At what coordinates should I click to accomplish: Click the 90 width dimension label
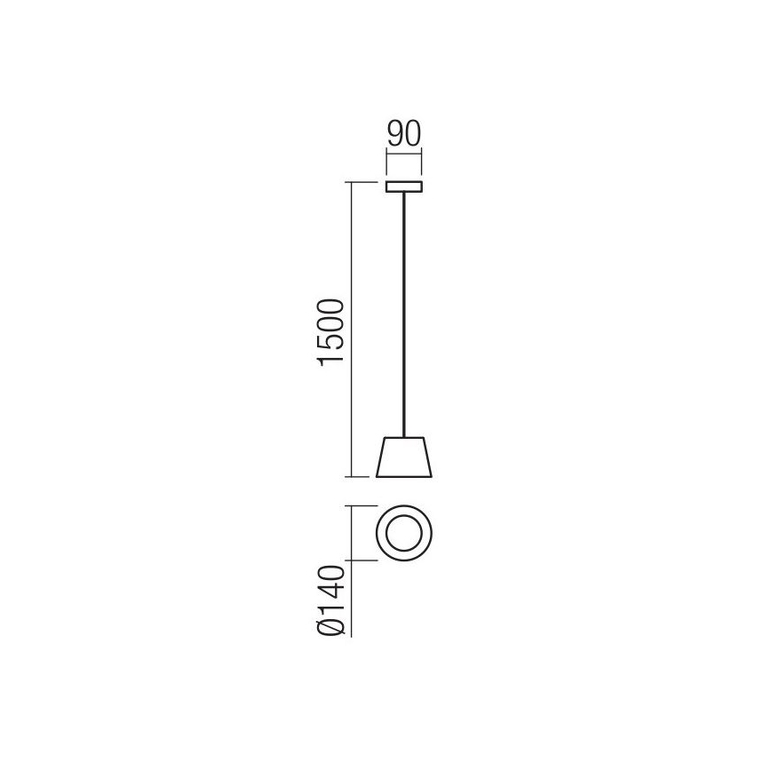[x=403, y=136]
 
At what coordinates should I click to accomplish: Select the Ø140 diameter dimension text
[x=331, y=600]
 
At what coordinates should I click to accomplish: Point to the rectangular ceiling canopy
[x=404, y=187]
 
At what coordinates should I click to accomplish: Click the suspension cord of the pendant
[x=405, y=311]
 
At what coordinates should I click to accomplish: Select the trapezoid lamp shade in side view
[x=404, y=457]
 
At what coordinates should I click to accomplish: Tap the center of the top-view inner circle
[x=405, y=533]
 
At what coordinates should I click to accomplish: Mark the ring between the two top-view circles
[x=384, y=533]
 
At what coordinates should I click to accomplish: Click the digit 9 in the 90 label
[x=393, y=136]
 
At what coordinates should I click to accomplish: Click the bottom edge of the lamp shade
[x=404, y=476]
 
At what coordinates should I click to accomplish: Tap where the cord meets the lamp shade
[x=405, y=437]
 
